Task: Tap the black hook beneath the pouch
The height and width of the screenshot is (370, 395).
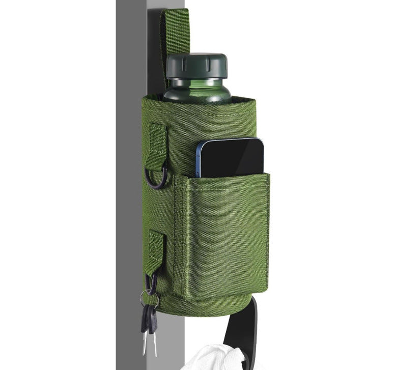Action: (x=251, y=326)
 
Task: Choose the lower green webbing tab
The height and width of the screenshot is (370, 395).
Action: (x=156, y=249)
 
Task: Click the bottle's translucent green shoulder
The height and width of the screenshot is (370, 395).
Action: (x=196, y=95)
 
